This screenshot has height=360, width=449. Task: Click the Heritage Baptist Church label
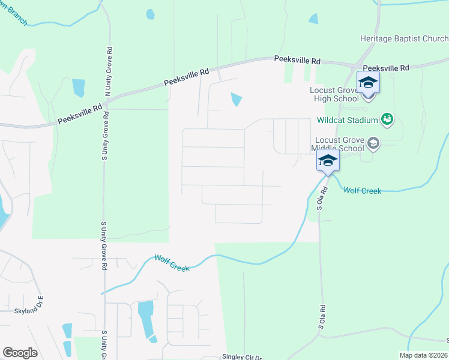(x=404, y=39)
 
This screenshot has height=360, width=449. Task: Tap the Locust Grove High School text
(x=325, y=94)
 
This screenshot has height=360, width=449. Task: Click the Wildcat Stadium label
(x=348, y=120)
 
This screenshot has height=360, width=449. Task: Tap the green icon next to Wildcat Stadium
(x=388, y=119)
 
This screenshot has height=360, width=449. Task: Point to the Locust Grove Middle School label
(x=338, y=144)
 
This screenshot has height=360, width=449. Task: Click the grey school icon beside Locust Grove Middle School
(x=373, y=143)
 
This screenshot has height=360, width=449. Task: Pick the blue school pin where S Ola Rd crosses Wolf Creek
(x=328, y=161)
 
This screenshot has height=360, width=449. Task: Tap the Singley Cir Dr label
(x=242, y=356)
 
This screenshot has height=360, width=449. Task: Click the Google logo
(x=20, y=353)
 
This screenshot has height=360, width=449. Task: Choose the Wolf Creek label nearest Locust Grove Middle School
(x=362, y=191)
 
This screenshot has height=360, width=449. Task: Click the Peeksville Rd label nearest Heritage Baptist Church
(x=385, y=68)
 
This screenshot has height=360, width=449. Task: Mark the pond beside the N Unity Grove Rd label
(x=79, y=88)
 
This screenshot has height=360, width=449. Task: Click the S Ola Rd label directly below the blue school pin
(x=324, y=198)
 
